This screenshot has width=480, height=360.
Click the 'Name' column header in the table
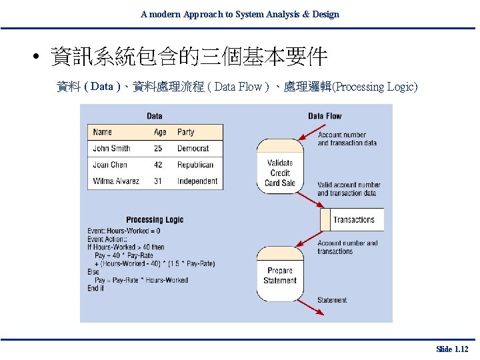pyautogui.click(x=103, y=132)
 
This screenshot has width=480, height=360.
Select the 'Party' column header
pyautogui.click(x=186, y=132)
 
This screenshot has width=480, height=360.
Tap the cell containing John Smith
pyautogui.click(x=111, y=148)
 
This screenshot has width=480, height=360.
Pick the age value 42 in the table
pyautogui.click(x=158, y=165)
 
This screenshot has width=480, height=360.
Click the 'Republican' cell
pyautogui.click(x=195, y=165)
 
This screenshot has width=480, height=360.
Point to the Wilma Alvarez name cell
pyautogui.click(x=117, y=181)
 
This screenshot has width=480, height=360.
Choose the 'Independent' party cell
pyautogui.click(x=197, y=181)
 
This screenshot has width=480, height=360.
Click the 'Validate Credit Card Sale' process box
pyautogui.click(x=280, y=173)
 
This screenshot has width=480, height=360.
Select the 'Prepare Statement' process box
pyautogui.click(x=280, y=275)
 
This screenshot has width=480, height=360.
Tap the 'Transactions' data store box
pyautogui.click(x=353, y=219)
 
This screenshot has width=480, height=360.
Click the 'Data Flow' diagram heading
pyautogui.click(x=325, y=116)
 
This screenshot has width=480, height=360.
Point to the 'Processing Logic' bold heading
pyautogui.click(x=155, y=220)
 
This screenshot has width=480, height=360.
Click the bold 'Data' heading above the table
pyautogui.click(x=155, y=116)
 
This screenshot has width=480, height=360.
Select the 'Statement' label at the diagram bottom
pyautogui.click(x=332, y=300)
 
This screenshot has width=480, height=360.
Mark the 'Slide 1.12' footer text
pyautogui.click(x=452, y=349)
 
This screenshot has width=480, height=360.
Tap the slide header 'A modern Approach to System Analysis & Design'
pyautogui.click(x=240, y=14)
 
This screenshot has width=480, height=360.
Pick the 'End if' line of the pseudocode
pyautogui.click(x=96, y=289)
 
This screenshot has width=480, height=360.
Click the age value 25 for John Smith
pyautogui.click(x=158, y=148)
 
